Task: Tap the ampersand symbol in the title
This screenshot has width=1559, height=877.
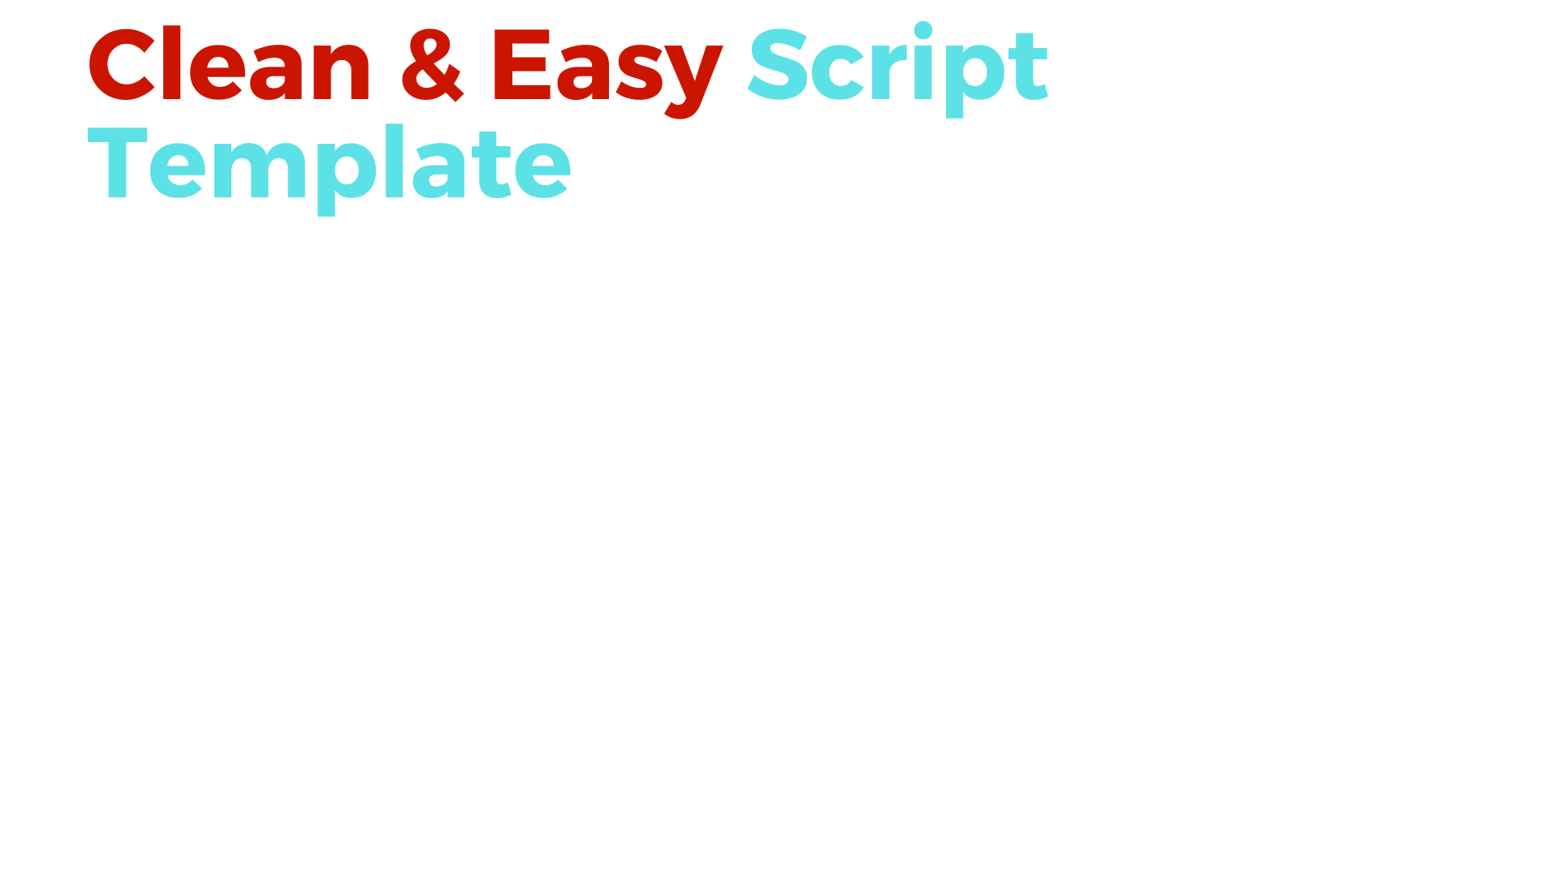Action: [x=432, y=65]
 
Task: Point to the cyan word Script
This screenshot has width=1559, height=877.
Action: [x=898, y=70]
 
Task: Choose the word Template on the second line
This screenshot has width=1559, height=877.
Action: [x=329, y=167]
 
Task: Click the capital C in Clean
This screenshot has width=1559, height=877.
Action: [x=121, y=65]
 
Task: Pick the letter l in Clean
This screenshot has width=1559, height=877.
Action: [x=171, y=63]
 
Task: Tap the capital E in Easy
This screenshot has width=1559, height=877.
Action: [x=520, y=65]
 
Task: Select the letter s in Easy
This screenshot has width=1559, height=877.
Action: [x=640, y=74]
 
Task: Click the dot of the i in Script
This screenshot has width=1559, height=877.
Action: [x=923, y=30]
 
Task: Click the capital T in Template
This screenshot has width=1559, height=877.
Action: [x=117, y=162]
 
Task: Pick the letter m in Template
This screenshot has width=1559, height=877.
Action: [x=267, y=171]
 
